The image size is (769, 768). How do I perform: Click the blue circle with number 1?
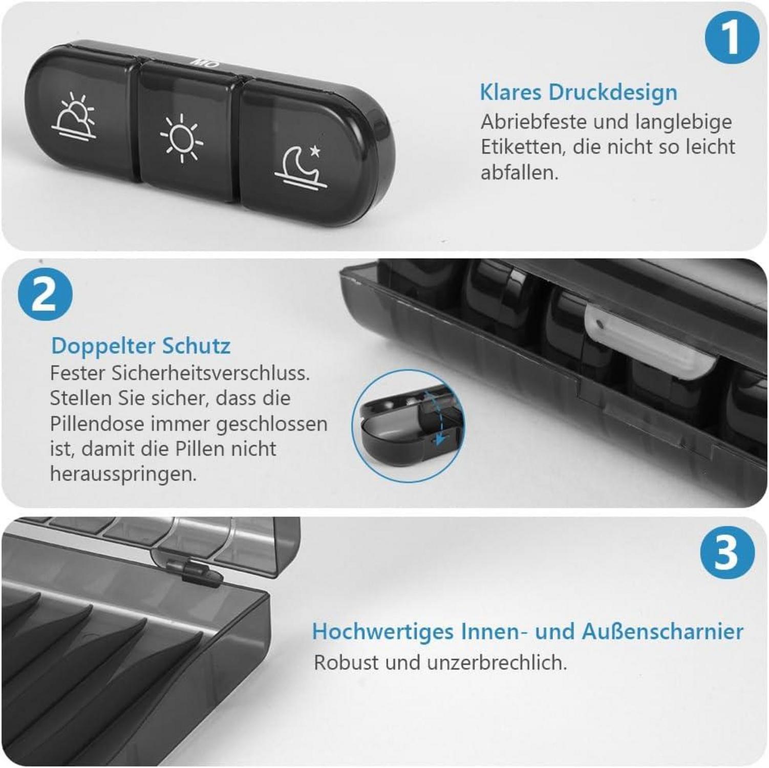tap(731, 37)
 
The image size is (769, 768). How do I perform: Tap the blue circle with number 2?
tap(45, 294)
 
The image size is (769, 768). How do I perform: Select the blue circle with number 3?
tap(727, 553)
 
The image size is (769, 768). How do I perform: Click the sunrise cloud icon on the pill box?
tap(74, 117)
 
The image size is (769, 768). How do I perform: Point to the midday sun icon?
tap(182, 139)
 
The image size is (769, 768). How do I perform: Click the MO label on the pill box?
tap(205, 63)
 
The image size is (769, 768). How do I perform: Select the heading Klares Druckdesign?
tap(578, 93)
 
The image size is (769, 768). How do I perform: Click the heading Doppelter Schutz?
tap(141, 346)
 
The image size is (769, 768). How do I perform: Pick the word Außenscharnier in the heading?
tap(663, 631)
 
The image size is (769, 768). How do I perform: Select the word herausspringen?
tap(123, 474)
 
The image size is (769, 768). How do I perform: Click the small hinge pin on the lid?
tap(195, 572)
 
